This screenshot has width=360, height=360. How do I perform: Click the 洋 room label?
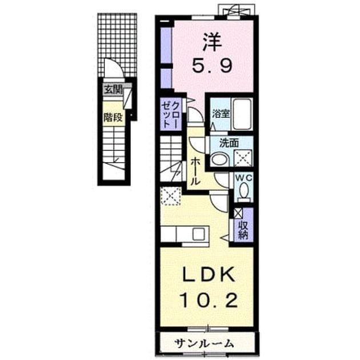(213, 42)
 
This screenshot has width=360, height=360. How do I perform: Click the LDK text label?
(209, 275)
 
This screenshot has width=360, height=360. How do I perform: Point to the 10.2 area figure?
(209, 301)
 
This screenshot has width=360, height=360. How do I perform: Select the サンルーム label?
(204, 343)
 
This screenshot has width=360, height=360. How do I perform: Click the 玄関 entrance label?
(113, 90)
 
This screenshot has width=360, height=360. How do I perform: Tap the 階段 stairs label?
(113, 118)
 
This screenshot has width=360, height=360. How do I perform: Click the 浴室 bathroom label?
(221, 114)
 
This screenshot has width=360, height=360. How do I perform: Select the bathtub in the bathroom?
(242, 114)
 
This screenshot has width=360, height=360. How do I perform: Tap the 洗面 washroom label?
(229, 143)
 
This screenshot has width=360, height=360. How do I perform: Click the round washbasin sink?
(219, 159)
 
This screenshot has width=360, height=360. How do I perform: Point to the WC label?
(243, 178)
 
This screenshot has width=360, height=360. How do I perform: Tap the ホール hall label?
(195, 171)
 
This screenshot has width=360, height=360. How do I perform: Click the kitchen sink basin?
(199, 234)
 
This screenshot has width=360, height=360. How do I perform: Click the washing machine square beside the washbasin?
(243, 158)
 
